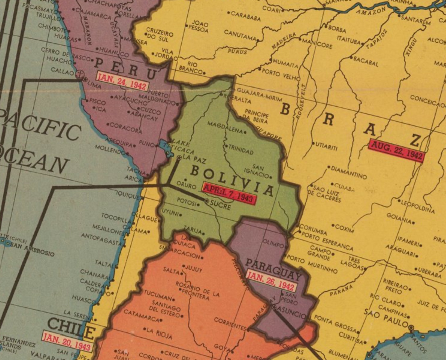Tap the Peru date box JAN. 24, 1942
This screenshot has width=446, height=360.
[x=122, y=81]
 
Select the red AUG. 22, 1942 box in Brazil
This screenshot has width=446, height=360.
[x=397, y=151]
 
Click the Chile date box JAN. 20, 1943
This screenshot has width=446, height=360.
[x=67, y=341]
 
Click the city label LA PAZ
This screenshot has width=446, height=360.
[x=194, y=159]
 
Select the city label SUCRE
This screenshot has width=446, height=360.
[x=220, y=205]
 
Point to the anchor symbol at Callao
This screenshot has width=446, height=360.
[x=80, y=73]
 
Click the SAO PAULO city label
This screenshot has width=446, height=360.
[x=386, y=318]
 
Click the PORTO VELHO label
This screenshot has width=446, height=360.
[x=280, y=74]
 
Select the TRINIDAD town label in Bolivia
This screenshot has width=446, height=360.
[x=241, y=149]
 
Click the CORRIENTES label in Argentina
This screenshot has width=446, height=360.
[x=230, y=323]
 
